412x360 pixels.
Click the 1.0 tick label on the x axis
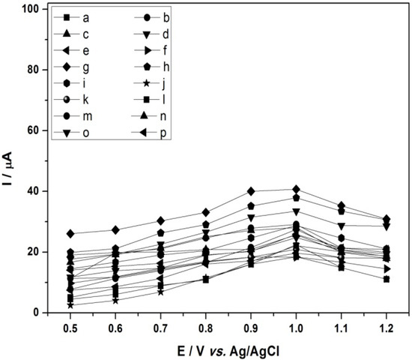pyautogui.click(x=297, y=328)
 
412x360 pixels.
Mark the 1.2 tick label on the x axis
pyautogui.click(x=387, y=328)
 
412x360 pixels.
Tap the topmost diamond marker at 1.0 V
pyautogui.click(x=297, y=189)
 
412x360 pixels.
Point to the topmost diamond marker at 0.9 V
pyautogui.click(x=252, y=191)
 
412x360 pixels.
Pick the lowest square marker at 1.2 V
pyautogui.click(x=387, y=279)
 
